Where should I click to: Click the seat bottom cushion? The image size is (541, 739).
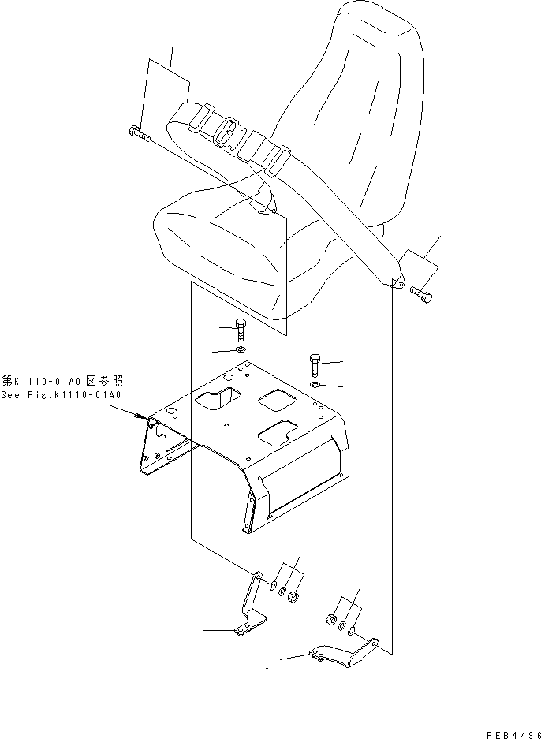[x=229, y=244]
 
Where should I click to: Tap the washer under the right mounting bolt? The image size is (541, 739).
[x=314, y=384]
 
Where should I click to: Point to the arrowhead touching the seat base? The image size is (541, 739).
[x=144, y=416]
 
